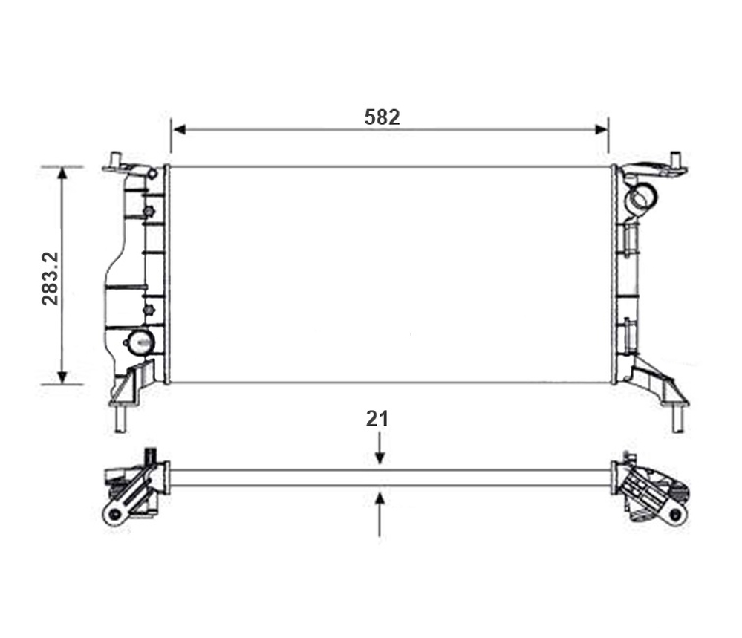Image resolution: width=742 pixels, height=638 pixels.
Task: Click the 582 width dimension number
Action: click(382, 117)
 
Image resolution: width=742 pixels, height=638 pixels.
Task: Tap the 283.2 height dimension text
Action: click(51, 279)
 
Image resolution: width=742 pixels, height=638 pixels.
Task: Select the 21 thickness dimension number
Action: click(377, 419)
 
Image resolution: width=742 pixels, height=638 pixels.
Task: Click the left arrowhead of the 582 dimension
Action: click(179, 129)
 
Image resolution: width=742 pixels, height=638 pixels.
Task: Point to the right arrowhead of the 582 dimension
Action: click(601, 129)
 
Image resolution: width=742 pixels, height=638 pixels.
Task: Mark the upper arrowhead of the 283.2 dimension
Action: click(62, 173)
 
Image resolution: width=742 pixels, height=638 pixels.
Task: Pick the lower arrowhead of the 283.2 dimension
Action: click(62, 377)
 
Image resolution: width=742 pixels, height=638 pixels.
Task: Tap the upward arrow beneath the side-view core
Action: click(380, 515)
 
